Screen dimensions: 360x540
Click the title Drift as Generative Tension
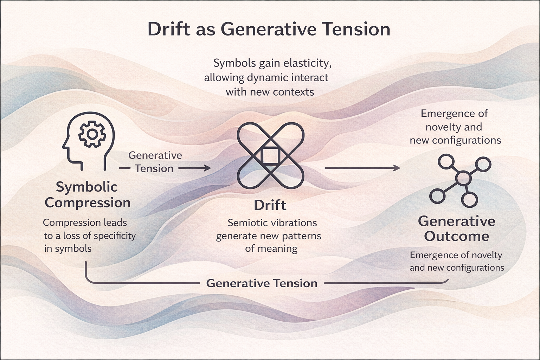pyautogui.click(x=269, y=30)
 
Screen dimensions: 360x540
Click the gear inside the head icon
pyautogui.click(x=92, y=134)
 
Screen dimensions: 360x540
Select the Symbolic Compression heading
pyautogui.click(x=88, y=195)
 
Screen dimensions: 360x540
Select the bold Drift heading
pyautogui.click(x=270, y=205)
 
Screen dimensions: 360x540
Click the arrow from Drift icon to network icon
pyautogui.click(x=362, y=168)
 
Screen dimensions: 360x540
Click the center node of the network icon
pyautogui.click(x=463, y=178)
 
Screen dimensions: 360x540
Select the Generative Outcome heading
pyautogui.click(x=456, y=229)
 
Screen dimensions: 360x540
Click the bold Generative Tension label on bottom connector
pyautogui.click(x=262, y=283)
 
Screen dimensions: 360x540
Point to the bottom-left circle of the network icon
pyautogui.click(x=437, y=195)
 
